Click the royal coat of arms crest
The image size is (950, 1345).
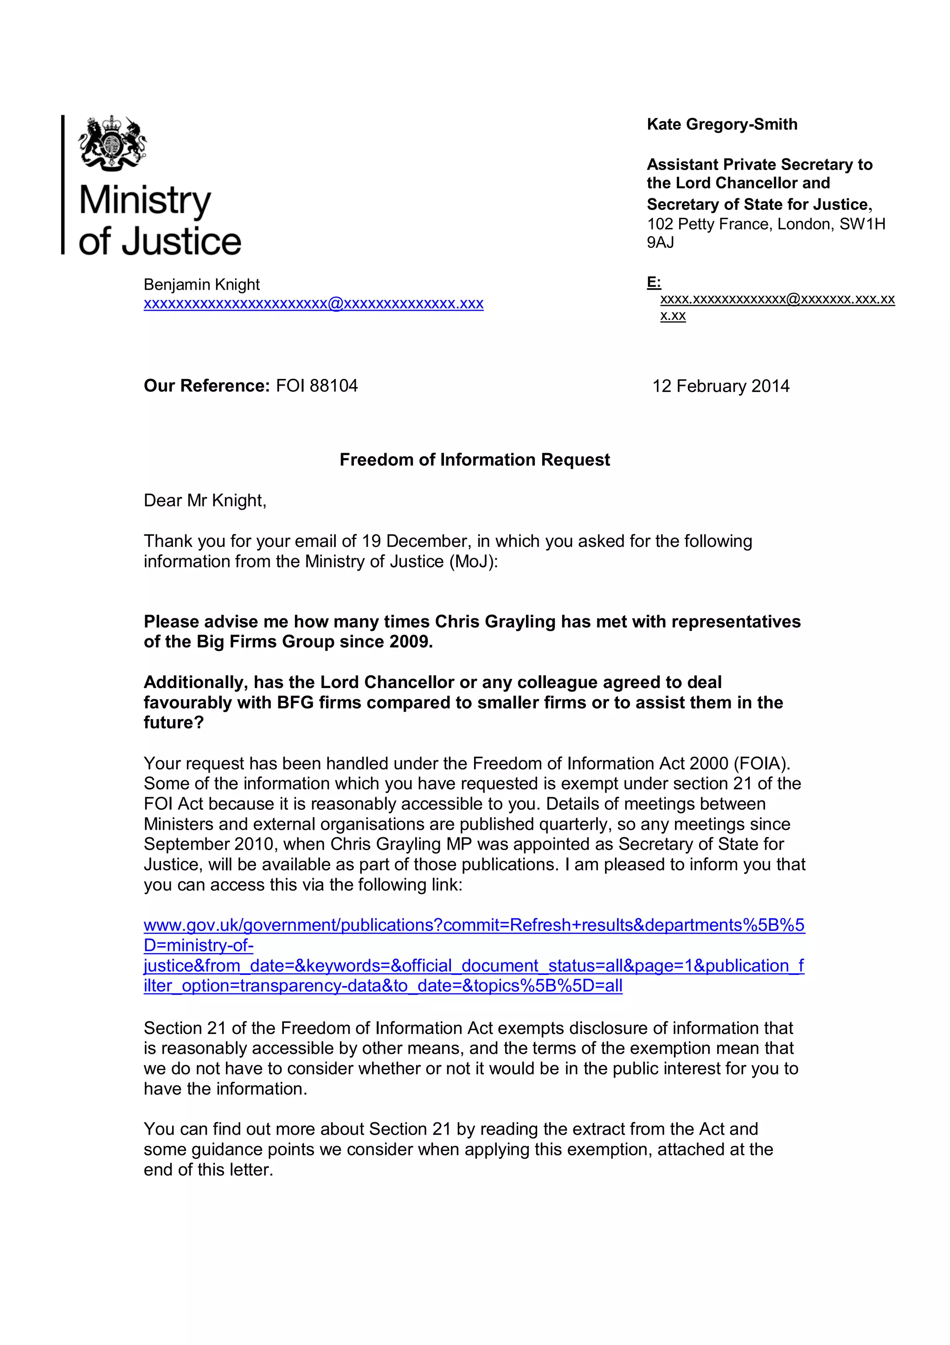coord(112,144)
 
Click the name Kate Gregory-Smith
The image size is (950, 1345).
coord(722,124)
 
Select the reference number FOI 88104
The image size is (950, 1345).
coord(317,385)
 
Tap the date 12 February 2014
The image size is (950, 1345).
coord(720,386)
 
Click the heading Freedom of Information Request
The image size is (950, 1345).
coord(474,459)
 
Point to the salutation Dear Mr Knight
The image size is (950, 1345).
coord(205,500)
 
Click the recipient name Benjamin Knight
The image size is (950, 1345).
coord(201,285)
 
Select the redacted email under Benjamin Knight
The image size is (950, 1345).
coord(313,304)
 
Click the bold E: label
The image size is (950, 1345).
coord(653,282)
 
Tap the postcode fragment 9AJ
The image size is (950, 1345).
coord(660,242)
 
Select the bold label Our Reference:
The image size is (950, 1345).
coord(206,385)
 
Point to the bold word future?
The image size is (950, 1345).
coord(173,722)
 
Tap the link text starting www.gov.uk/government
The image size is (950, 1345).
coord(474,925)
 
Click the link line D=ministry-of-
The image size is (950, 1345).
coord(199,945)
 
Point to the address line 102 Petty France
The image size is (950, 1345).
coord(766,224)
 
